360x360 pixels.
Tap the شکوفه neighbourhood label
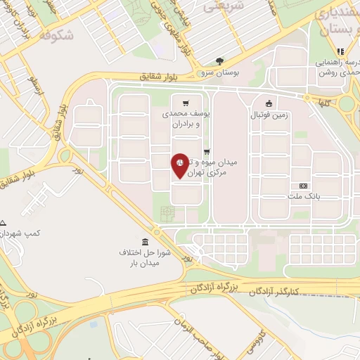(56, 34)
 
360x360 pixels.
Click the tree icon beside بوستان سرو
(219, 61)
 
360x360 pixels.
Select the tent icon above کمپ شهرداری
(4, 221)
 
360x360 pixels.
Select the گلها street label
(323, 102)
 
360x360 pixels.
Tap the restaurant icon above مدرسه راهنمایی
(340, 51)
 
